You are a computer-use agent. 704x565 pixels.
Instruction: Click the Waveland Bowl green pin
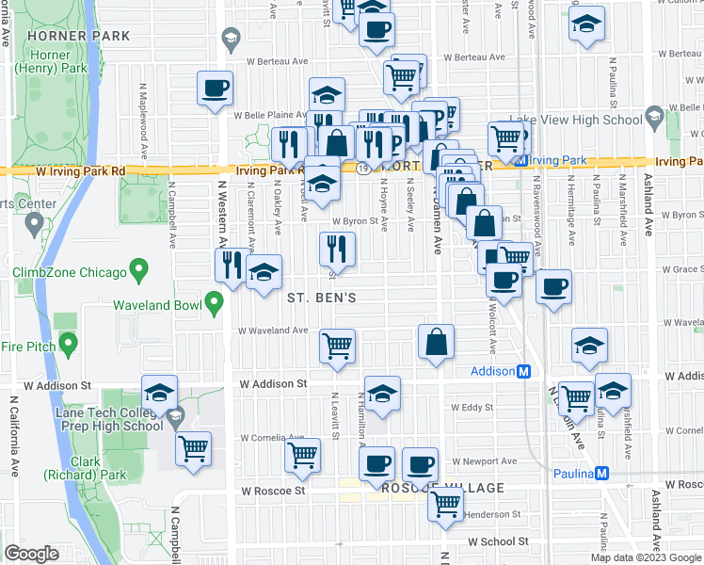(x=215, y=303)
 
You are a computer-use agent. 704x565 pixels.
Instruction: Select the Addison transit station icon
(x=523, y=371)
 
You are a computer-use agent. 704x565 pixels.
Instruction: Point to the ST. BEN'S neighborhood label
(x=320, y=298)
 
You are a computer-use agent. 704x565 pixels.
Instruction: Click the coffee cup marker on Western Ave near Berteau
(x=216, y=89)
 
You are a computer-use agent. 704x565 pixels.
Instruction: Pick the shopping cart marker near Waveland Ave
(x=337, y=346)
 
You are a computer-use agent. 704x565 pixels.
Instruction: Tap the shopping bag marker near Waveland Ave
(x=436, y=344)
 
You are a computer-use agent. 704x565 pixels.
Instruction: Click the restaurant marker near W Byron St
(x=336, y=250)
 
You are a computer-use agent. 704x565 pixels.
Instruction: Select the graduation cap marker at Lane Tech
(x=160, y=392)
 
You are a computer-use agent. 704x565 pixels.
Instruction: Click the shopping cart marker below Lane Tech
(x=193, y=448)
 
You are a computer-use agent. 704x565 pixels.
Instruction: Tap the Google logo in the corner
(x=31, y=554)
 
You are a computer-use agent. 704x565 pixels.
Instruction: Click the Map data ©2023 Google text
(x=646, y=557)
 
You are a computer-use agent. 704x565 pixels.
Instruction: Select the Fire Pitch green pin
(x=67, y=344)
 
